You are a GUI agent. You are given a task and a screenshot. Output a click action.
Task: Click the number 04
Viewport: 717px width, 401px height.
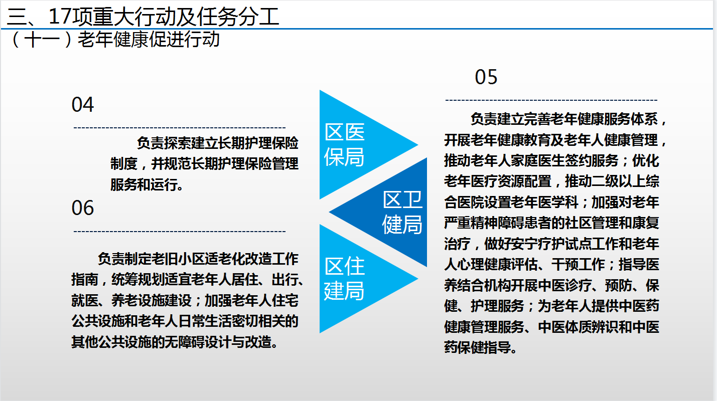coord(83,105)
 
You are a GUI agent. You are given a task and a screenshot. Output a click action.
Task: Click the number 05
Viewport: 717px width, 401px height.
coord(486,77)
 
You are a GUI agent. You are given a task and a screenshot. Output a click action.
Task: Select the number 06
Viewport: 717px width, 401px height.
coord(83,208)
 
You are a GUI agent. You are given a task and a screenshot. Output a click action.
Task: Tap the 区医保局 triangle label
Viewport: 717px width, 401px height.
coord(344,144)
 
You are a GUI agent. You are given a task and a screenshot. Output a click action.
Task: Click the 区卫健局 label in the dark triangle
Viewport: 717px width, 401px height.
coord(402,212)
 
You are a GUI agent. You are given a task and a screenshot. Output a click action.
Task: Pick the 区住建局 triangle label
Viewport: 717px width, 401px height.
coord(344,279)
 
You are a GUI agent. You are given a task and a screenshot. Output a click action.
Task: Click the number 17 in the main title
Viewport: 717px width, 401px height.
coord(60,17)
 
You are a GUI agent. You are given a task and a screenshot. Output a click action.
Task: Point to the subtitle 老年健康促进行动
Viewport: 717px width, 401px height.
coord(149,40)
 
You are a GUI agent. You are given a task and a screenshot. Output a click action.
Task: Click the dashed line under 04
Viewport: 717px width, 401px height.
coord(180,128)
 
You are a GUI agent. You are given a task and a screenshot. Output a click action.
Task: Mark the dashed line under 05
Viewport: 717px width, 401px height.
coord(551,100)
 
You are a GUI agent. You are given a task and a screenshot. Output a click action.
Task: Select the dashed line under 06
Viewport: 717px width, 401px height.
coord(180,231)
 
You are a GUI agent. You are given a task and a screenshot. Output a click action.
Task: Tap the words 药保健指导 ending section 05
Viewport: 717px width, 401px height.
coord(477,347)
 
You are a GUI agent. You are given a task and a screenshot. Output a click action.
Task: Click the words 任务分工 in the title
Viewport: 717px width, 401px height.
coord(238,17)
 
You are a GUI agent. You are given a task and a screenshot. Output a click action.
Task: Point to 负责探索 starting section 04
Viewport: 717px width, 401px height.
coord(164,143)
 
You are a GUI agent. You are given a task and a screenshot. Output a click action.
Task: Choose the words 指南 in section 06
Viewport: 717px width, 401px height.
coord(84,280)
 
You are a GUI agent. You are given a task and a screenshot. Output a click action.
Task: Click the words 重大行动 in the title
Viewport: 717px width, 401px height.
coord(134,17)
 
